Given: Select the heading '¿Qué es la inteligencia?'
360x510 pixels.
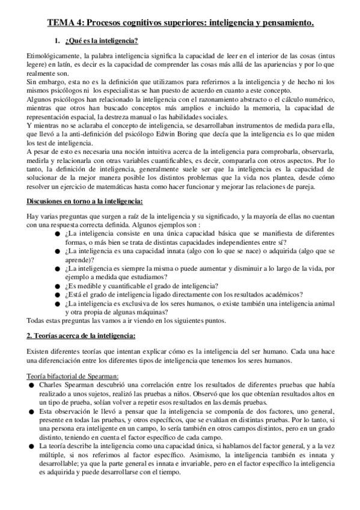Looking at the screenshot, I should pos(103,41).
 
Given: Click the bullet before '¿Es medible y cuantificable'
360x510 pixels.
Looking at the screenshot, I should pos(57,286).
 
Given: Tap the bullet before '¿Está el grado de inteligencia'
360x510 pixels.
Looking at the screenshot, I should pos(57,295).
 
